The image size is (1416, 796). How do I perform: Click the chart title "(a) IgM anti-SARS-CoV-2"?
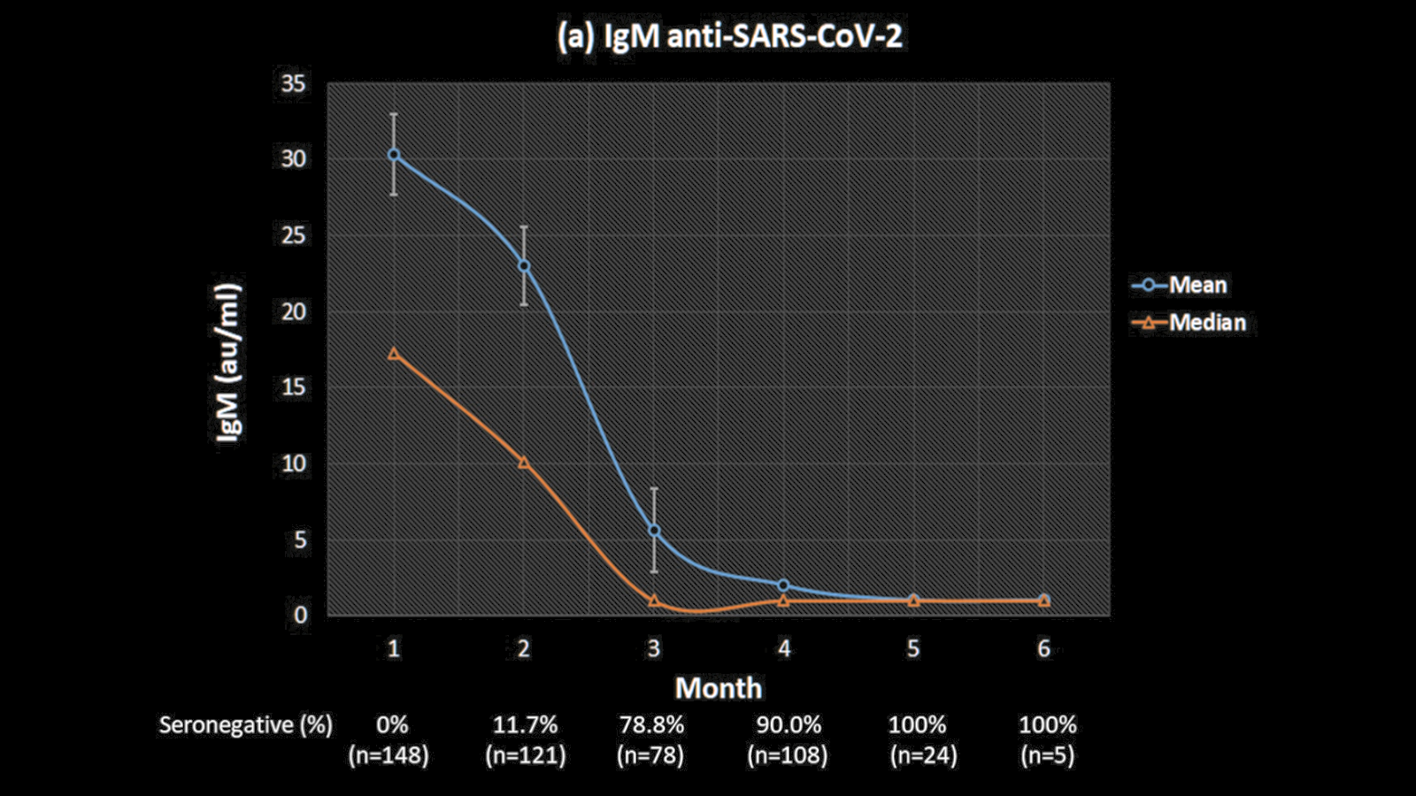click(730, 37)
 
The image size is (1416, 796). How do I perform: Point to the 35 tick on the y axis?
click(293, 84)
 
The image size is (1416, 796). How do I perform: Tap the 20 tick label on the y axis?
click(293, 311)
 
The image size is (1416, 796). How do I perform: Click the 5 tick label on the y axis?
click(300, 540)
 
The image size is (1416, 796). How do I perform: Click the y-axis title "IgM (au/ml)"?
click(228, 362)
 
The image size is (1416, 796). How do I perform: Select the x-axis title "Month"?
click(718, 688)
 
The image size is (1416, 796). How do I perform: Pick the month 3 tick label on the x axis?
click(653, 648)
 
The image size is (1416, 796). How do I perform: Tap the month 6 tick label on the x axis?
click(1043, 648)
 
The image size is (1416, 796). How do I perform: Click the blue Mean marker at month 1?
click(394, 155)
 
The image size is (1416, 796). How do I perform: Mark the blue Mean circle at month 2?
click(524, 265)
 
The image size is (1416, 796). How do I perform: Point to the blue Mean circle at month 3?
click(654, 530)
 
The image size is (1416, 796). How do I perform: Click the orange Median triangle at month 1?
click(394, 354)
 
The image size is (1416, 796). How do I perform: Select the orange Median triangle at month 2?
click(524, 463)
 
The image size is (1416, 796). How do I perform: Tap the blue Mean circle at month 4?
click(783, 586)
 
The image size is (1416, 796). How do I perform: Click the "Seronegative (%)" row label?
click(246, 725)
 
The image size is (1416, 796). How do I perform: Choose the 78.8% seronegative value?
click(651, 725)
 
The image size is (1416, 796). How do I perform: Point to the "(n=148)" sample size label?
click(389, 755)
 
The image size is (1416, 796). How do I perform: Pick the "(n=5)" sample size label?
click(1047, 755)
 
